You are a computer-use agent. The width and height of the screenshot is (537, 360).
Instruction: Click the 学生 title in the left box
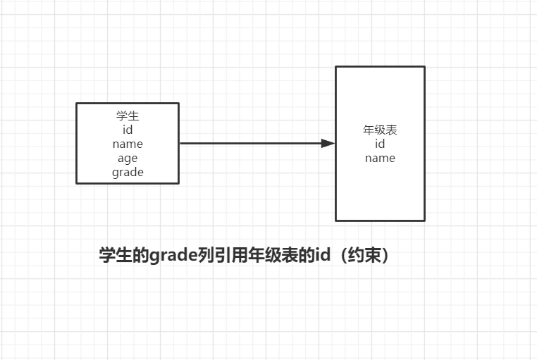pyautogui.click(x=128, y=116)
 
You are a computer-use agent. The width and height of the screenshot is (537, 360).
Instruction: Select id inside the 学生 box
pyautogui.click(x=128, y=130)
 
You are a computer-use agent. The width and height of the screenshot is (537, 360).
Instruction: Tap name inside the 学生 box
pyautogui.click(x=128, y=144)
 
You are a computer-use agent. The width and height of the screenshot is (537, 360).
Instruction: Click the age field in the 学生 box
pyautogui.click(x=128, y=158)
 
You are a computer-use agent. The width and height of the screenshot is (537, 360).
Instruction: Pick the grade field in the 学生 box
pyautogui.click(x=128, y=172)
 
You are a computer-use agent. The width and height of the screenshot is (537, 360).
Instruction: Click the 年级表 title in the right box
pyautogui.click(x=380, y=130)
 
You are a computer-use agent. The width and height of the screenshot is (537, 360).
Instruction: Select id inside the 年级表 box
pyautogui.click(x=380, y=144)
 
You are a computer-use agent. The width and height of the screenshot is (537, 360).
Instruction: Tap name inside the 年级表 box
pyautogui.click(x=380, y=158)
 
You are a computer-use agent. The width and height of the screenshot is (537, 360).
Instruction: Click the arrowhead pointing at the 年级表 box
pyautogui.click(x=328, y=143)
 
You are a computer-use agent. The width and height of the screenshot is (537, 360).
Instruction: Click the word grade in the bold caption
pyautogui.click(x=168, y=255)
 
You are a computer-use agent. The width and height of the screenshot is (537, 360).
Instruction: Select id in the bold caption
pyautogui.click(x=322, y=255)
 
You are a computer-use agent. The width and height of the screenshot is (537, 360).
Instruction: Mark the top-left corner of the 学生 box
pyautogui.click(x=77, y=104)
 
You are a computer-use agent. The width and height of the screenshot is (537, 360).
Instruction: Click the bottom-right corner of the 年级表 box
pyautogui.click(x=424, y=221)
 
